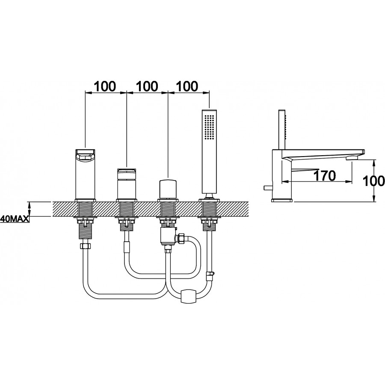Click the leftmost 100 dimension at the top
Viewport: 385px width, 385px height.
tap(105, 86)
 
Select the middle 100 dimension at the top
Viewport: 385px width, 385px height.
tap(147, 86)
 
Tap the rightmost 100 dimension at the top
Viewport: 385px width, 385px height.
tap(187, 86)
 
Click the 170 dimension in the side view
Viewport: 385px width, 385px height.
tap(325, 176)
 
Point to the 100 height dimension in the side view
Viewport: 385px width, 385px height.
tap(373, 181)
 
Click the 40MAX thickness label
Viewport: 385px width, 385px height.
tap(15, 219)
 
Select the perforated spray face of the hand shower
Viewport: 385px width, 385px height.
tap(209, 127)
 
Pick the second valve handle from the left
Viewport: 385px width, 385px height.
tap(127, 183)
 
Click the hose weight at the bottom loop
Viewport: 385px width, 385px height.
tap(188, 296)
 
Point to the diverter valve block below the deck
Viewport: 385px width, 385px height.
tap(167, 236)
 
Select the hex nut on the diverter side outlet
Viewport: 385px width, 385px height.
tap(181, 238)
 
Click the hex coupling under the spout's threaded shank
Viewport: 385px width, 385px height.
tap(85, 246)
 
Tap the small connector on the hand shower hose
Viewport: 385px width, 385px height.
tap(210, 275)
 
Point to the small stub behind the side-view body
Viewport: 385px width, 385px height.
tap(267, 188)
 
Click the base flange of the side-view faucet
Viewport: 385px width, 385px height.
tap(282, 200)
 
